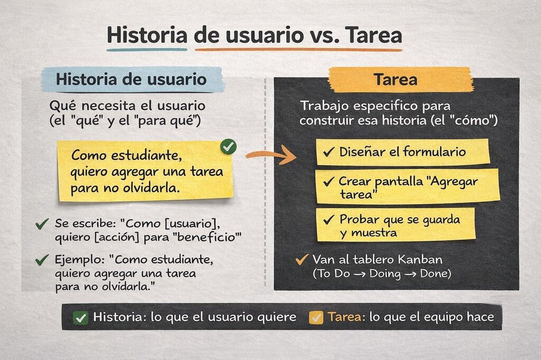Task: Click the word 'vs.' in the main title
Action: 322,36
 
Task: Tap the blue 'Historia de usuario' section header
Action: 132,80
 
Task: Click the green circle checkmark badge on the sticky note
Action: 228,147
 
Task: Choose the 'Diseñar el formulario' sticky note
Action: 403,151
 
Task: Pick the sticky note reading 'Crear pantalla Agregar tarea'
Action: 407,186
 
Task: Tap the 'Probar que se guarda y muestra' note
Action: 396,224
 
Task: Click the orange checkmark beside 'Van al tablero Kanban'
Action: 302,259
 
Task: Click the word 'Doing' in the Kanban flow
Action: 385,274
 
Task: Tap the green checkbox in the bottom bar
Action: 81,318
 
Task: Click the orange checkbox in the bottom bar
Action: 316,318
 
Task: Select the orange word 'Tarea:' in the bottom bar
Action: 347,317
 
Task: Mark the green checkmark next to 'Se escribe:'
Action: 42,224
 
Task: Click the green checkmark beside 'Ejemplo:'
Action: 42,260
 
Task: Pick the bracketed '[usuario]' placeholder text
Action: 192,224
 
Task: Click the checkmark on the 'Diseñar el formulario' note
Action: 329,151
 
